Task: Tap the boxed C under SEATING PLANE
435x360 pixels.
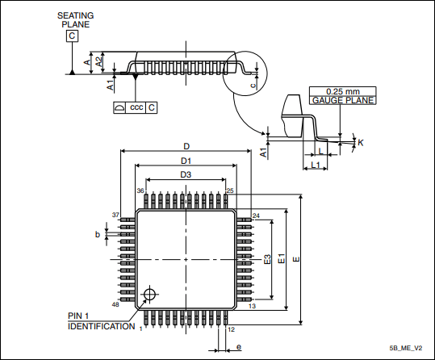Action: tap(73, 36)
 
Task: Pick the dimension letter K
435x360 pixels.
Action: tap(360, 142)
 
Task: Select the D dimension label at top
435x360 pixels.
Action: tap(186, 146)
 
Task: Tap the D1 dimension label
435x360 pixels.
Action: tap(186, 161)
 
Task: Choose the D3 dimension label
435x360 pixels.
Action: tap(186, 174)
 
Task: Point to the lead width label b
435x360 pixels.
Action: tap(98, 234)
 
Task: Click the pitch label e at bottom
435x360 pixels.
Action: tap(239, 347)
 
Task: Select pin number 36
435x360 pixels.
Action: tap(140, 191)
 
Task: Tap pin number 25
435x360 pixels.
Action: tap(230, 190)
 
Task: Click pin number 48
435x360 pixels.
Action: tap(115, 304)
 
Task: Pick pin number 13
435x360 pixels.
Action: tap(253, 306)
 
